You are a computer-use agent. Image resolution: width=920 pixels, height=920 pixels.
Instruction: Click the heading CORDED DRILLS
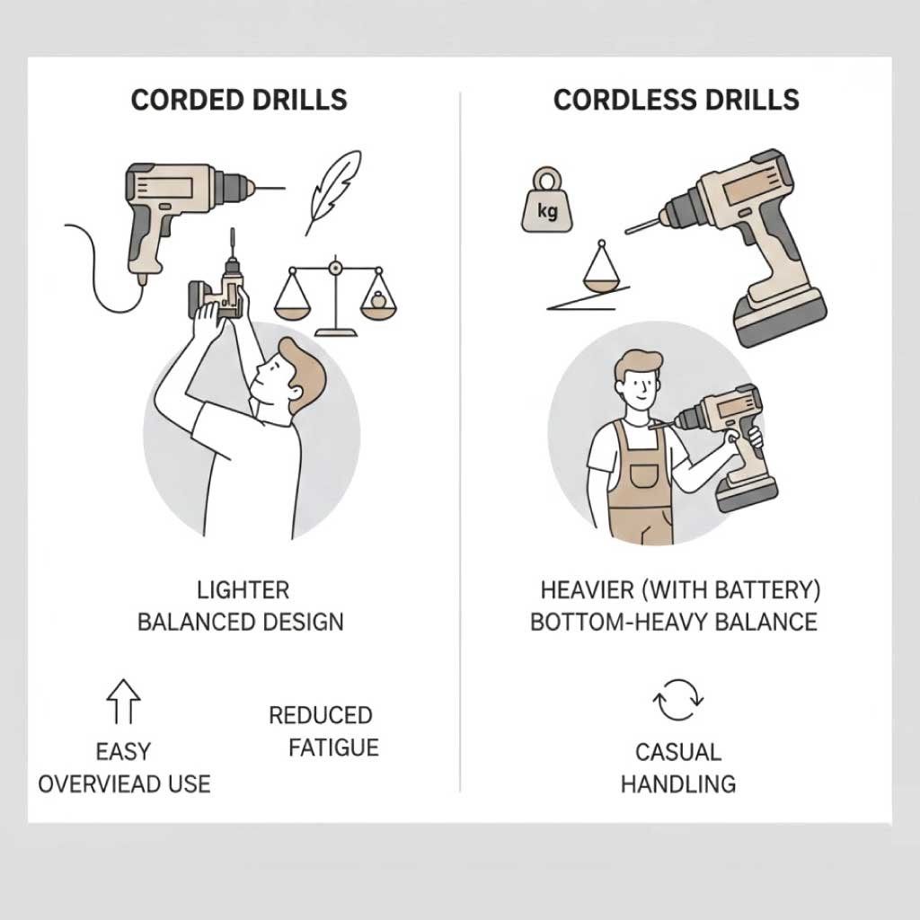(x=239, y=100)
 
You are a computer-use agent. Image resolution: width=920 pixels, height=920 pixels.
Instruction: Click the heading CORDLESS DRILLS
(x=676, y=100)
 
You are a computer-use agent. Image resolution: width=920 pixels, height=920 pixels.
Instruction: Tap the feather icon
(x=332, y=192)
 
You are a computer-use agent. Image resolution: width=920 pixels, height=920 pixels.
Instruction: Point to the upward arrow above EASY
(x=123, y=701)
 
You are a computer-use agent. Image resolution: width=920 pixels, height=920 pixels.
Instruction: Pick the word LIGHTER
(x=243, y=590)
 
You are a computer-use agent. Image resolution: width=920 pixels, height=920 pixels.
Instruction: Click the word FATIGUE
(x=333, y=747)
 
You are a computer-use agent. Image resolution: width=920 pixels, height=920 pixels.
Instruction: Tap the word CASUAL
(x=678, y=752)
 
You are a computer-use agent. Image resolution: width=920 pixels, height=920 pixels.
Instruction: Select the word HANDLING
(x=678, y=783)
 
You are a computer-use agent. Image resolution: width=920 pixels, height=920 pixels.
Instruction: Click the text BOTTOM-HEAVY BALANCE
(x=674, y=622)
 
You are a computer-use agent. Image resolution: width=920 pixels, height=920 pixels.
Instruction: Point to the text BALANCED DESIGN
(x=240, y=622)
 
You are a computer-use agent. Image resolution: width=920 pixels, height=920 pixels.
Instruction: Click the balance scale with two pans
(x=335, y=296)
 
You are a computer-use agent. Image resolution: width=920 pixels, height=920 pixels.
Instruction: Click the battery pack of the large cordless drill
(x=781, y=317)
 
